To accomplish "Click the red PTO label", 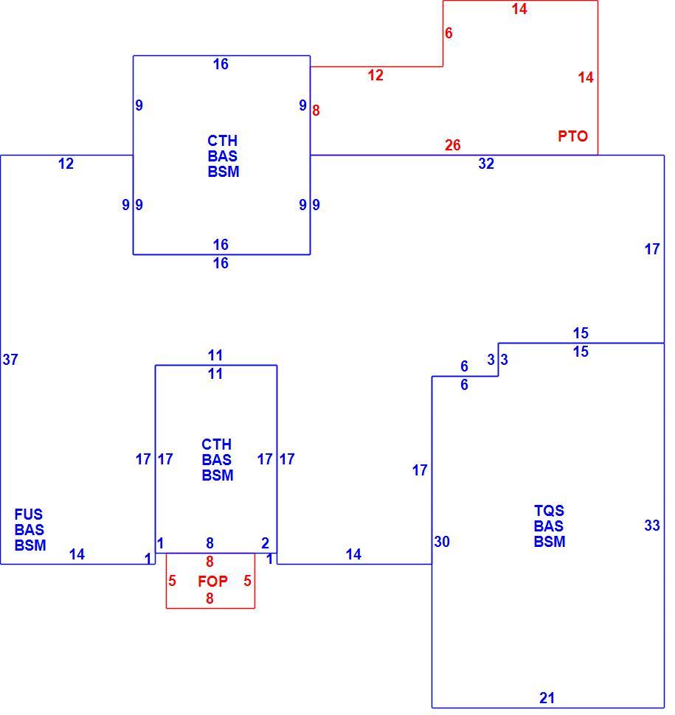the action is coord(572,136).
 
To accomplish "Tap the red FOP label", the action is coord(212,581).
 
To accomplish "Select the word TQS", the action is coord(549,510).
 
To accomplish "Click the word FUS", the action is coord(28,515).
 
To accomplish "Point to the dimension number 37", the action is coord(10,360).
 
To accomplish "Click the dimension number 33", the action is coord(652,526).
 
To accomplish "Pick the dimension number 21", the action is coord(547,697).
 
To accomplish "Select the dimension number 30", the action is coord(442,542).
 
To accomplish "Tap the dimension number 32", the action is coord(486,164).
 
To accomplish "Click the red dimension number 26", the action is coord(453,145).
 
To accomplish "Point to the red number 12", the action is coord(375,75).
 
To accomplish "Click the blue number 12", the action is coord(66,164).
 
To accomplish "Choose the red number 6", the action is coord(449,33).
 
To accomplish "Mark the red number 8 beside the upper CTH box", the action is coord(316,111).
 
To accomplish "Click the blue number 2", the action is coord(265,543).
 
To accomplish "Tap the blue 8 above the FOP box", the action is coord(210,543).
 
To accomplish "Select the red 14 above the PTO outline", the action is coord(519,9).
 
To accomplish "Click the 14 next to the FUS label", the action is coord(77,554).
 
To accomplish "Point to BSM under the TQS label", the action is coord(550,542).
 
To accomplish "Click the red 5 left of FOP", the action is coord(172,581).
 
